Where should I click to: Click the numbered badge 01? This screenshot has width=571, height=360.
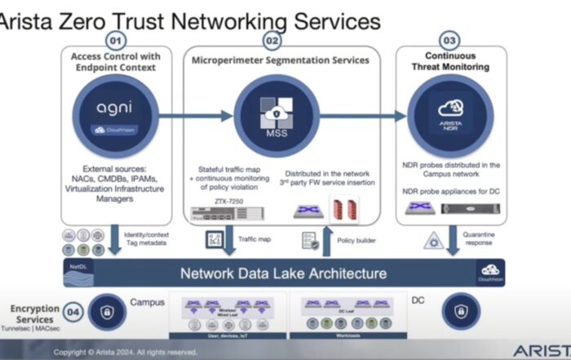click(x=115, y=40)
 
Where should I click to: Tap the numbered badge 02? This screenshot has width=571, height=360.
click(x=272, y=40)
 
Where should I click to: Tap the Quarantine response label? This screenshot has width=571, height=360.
click(x=480, y=237)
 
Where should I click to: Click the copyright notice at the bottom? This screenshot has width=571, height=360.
click(x=126, y=353)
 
